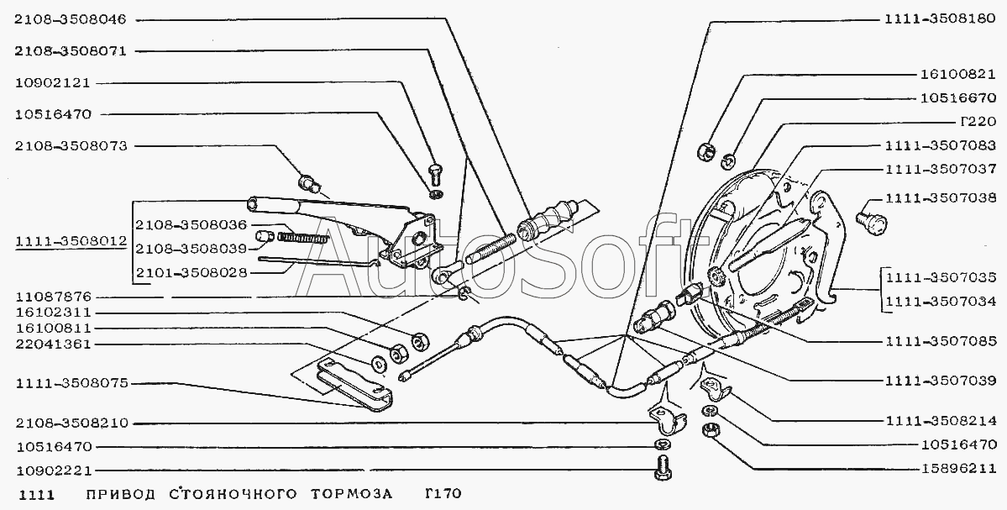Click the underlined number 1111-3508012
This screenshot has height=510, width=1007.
click(x=71, y=241)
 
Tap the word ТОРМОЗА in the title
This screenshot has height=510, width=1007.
click(x=351, y=494)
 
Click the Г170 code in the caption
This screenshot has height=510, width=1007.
click(x=443, y=494)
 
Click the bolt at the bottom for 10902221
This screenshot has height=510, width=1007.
click(x=662, y=467)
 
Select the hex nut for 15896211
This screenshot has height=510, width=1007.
click(x=711, y=430)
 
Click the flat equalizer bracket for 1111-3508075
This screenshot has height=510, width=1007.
click(x=354, y=383)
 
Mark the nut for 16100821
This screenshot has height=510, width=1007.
click(x=705, y=152)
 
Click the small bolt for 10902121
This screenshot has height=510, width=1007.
click(x=436, y=174)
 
